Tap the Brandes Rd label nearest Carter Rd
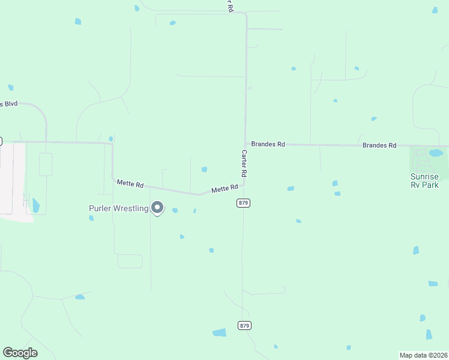point(268,145)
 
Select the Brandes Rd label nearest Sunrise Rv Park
point(379,145)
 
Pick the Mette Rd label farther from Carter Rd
point(130,184)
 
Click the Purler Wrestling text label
point(118,208)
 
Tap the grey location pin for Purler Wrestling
point(157,208)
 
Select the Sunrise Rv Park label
point(424,181)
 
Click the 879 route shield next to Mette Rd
point(243,203)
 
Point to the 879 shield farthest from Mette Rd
point(244,325)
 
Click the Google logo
point(20,353)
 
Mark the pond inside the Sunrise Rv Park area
point(436,152)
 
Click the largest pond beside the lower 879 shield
point(220,332)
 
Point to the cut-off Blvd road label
point(9,104)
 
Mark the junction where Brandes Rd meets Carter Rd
point(246,144)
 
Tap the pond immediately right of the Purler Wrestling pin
point(175,211)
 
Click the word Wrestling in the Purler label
point(131,208)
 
